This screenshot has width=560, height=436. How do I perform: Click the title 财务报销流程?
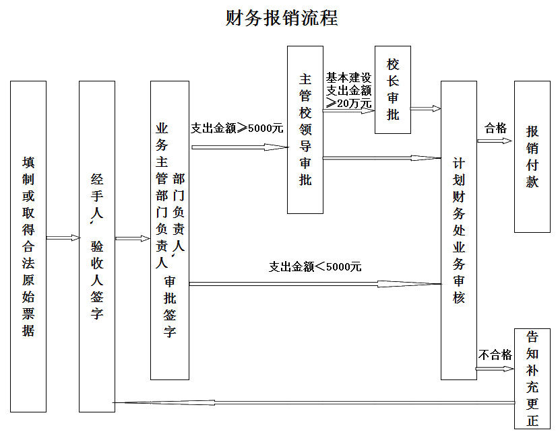[282, 17]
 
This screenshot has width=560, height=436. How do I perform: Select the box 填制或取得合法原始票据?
[28, 246]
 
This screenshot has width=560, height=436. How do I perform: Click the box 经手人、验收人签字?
[97, 246]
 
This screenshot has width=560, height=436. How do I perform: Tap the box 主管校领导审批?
[305, 130]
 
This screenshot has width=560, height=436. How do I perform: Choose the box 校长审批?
[392, 90]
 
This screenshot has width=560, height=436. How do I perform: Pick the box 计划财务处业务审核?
[458, 230]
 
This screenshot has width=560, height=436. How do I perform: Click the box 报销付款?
[532, 157]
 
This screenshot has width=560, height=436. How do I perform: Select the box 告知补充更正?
[532, 379]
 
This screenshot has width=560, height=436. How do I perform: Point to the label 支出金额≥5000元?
[237, 129]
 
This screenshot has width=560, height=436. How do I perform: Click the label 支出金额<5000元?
[315, 266]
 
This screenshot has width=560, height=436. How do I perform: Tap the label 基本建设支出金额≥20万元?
[348, 91]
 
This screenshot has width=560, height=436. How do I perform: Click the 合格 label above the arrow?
[495, 128]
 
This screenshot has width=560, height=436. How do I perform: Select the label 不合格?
[495, 355]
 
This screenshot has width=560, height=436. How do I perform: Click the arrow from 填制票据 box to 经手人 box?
[63, 238]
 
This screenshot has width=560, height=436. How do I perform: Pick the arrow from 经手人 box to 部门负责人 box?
[133, 238]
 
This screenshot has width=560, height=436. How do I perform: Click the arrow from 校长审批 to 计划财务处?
[426, 108]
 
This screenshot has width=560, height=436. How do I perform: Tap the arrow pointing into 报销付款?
[495, 141]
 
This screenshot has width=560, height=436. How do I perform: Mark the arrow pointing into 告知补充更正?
[495, 369]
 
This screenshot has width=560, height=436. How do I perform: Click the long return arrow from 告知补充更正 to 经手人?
[314, 402]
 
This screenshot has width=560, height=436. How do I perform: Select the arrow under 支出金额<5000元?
[315, 284]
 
